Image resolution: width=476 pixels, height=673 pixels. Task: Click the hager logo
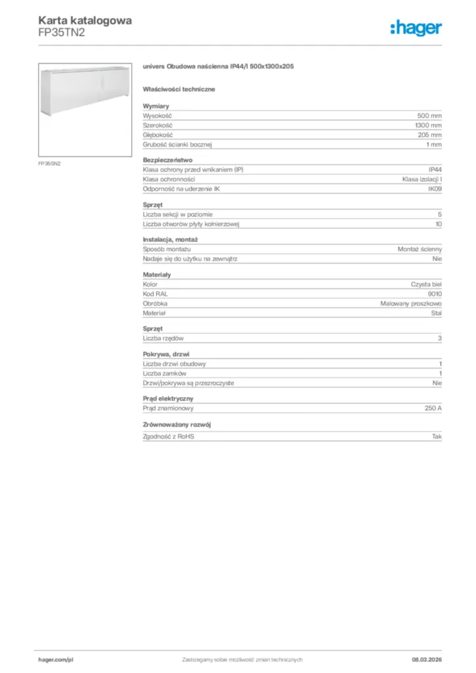(x=416, y=27)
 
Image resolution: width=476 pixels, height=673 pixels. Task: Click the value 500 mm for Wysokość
(x=429, y=115)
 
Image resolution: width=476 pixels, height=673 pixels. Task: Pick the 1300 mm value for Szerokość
(x=428, y=125)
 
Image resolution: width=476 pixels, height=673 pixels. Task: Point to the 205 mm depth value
(x=429, y=134)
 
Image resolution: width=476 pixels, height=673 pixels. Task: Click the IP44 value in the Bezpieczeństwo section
(x=435, y=170)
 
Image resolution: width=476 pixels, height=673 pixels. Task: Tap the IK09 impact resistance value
(x=435, y=189)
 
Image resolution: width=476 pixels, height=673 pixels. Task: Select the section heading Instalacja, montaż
(x=170, y=240)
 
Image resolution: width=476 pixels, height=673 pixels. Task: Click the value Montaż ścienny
(x=419, y=250)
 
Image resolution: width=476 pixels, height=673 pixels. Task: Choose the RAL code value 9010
(x=435, y=294)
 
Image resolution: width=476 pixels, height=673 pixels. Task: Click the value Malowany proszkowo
(x=411, y=304)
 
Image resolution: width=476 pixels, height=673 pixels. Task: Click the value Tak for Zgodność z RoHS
(x=437, y=436)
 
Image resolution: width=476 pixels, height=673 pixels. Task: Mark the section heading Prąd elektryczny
(x=168, y=398)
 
